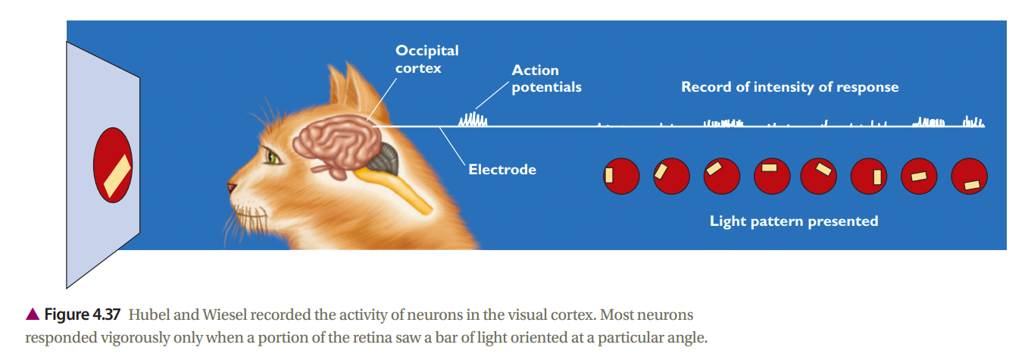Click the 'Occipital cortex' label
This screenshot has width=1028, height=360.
point(427,59)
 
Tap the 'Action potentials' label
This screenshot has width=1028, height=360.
point(546,79)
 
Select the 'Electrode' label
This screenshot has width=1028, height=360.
point(502,170)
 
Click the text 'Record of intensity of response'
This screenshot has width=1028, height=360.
point(790,87)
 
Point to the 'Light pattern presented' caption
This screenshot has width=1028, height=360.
point(794,221)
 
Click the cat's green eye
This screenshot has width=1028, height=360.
point(272,158)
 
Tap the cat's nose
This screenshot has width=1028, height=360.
point(231,187)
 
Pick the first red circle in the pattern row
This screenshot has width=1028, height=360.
point(621,177)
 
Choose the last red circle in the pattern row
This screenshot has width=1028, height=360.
point(969,177)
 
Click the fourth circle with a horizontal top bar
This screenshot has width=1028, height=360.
point(772,177)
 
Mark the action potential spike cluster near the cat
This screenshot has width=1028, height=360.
point(473,120)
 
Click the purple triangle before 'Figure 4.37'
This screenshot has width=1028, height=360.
point(33,314)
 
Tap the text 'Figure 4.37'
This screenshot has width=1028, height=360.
point(82,315)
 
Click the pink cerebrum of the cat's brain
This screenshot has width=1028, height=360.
point(337,144)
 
